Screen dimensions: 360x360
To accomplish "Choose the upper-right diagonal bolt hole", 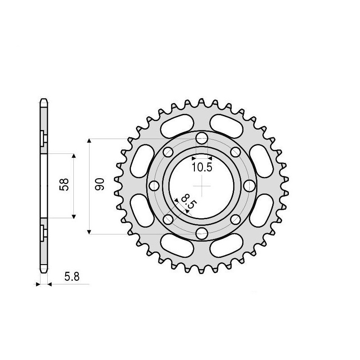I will pyautogui.click(x=235, y=152).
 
